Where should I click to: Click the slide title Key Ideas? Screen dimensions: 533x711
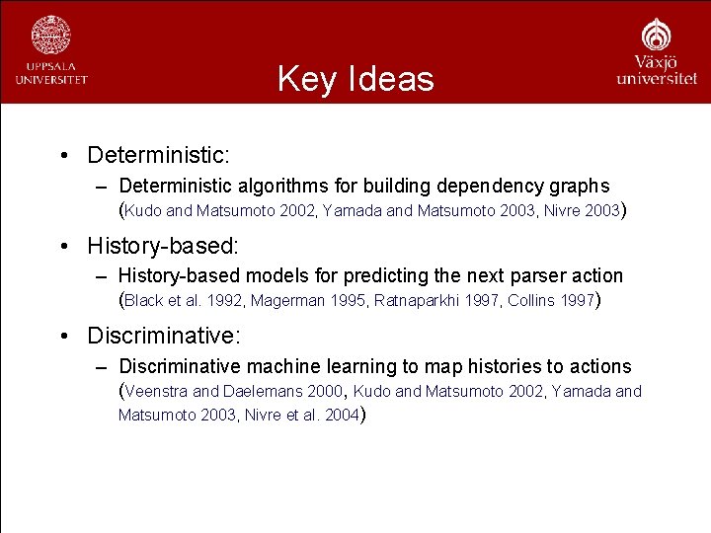[355, 78]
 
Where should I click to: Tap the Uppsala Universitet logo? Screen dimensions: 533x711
[50, 49]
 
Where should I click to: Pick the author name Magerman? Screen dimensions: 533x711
[288, 301]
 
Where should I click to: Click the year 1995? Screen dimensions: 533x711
[348, 301]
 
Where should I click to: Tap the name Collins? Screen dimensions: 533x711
[530, 301]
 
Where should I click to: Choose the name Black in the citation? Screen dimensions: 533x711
[144, 301]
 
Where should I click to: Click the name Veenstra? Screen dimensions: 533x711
[155, 392]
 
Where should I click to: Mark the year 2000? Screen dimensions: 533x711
[317, 392]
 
